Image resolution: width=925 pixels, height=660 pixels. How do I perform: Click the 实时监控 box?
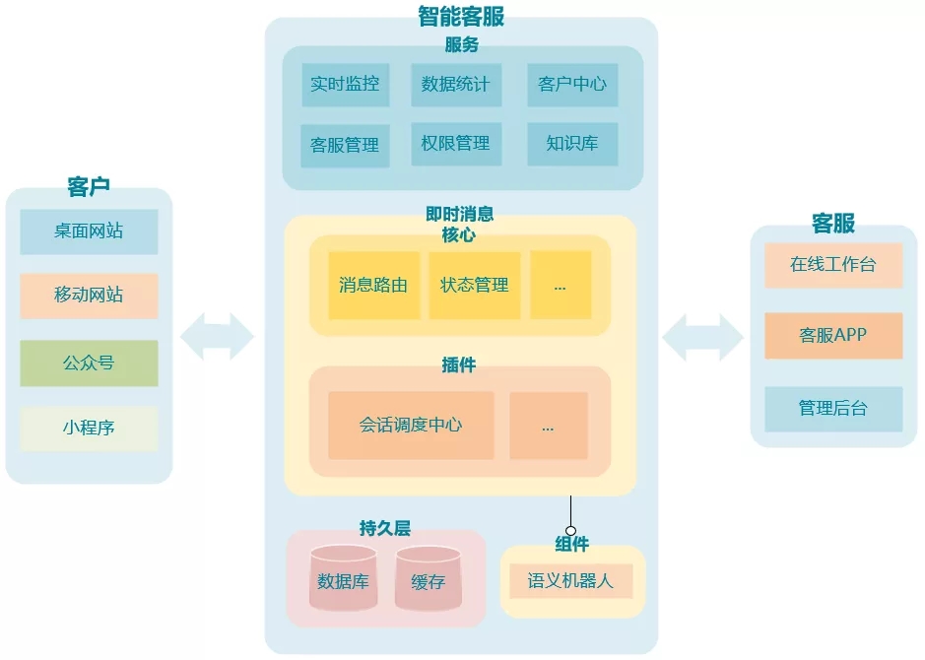(x=345, y=85)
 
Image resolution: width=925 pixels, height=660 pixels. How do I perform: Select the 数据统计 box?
(x=455, y=85)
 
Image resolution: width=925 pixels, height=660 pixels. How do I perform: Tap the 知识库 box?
(x=572, y=144)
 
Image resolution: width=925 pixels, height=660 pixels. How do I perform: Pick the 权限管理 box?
(x=455, y=144)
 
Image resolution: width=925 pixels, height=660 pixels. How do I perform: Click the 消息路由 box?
(x=373, y=286)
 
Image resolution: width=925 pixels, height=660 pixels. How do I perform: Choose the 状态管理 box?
(x=474, y=286)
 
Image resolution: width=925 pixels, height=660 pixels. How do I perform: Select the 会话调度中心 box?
(x=411, y=426)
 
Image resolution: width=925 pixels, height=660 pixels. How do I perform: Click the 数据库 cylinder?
(x=344, y=579)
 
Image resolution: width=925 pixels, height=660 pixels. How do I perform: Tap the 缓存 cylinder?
(x=428, y=579)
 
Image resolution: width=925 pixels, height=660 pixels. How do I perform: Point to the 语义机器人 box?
(x=570, y=581)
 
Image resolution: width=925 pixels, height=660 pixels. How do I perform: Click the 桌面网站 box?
(x=89, y=231)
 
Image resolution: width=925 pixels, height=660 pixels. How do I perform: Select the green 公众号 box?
(x=89, y=363)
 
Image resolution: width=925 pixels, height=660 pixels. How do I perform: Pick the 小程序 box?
(x=89, y=428)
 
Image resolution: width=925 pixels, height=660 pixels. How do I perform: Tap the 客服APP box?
(x=833, y=335)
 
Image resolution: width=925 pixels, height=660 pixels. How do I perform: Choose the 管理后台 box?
(x=833, y=408)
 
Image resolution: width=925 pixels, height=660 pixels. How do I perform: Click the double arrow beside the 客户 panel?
(x=218, y=337)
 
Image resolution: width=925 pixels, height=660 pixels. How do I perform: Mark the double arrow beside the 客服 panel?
(x=702, y=337)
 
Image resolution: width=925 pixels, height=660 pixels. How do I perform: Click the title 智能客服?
(x=461, y=16)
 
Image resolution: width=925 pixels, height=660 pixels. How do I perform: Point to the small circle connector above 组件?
(x=570, y=531)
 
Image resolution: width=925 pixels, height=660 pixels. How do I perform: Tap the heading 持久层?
(x=384, y=528)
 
